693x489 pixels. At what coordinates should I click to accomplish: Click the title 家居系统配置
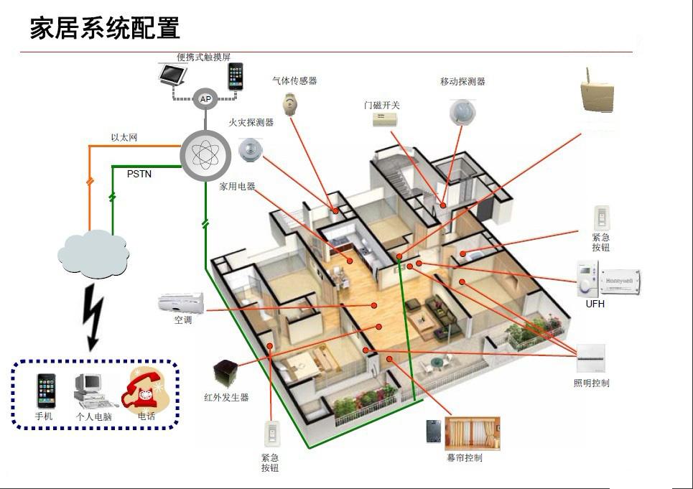point(105,28)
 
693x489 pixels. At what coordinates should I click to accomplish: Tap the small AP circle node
point(205,99)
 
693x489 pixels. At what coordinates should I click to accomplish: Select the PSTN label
point(139,174)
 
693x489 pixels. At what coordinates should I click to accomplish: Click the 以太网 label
point(124,137)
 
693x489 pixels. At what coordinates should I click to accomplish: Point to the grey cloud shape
point(93,251)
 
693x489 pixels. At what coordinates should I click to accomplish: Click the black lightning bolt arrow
point(92,317)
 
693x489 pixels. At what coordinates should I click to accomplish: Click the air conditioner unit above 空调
point(181,302)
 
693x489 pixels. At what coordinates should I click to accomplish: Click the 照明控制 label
point(591,383)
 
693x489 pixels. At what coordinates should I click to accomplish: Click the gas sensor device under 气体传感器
point(289,104)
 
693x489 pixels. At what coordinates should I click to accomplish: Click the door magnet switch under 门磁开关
point(385,121)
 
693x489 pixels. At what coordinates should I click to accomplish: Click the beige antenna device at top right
point(597,93)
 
